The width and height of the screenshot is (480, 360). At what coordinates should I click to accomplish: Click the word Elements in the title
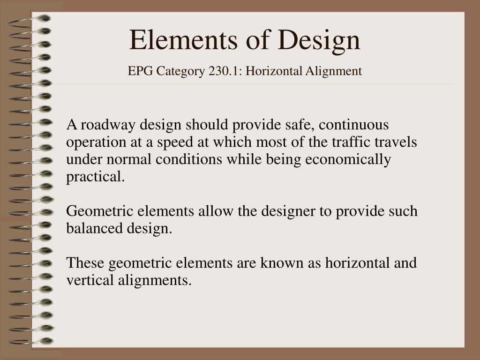183,40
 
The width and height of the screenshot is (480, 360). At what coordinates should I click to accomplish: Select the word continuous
353,125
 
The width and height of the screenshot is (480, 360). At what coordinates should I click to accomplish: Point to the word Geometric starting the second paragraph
99,211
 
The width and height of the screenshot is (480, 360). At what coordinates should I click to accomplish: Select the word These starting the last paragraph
85,262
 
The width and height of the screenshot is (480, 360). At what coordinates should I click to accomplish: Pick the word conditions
189,159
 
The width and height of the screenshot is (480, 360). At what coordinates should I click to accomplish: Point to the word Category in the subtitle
180,72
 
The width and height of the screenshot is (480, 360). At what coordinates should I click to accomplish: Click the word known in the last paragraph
282,262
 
